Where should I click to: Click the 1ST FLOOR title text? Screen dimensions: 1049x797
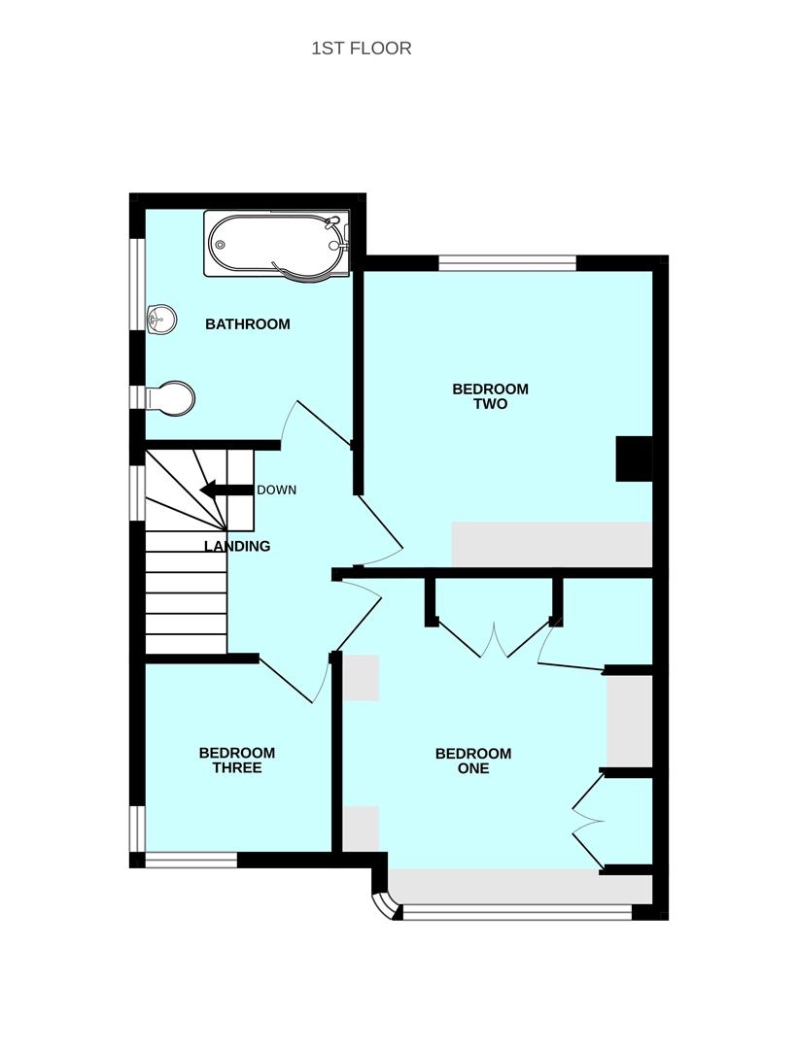(x=361, y=48)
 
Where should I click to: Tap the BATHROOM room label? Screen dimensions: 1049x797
(x=247, y=324)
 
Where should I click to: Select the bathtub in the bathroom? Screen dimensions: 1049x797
(x=276, y=243)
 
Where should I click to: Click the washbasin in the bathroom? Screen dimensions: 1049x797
(x=161, y=318)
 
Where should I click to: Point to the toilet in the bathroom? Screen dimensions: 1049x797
(x=172, y=397)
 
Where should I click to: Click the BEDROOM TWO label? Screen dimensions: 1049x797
(x=490, y=396)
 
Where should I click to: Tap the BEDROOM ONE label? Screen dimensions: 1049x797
(x=473, y=761)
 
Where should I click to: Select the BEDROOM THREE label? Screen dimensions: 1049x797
(x=236, y=760)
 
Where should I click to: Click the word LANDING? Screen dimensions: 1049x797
(x=237, y=547)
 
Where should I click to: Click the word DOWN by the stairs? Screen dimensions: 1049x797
(x=276, y=490)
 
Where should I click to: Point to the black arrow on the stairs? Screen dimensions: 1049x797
(x=225, y=490)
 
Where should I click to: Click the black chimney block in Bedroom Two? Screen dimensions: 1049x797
(x=634, y=459)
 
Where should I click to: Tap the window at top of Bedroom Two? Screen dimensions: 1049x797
(x=506, y=262)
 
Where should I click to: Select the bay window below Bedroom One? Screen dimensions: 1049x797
(x=515, y=911)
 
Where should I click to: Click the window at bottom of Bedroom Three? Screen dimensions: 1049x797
(x=191, y=859)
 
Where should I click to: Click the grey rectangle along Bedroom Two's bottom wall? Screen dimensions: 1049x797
(x=551, y=544)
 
